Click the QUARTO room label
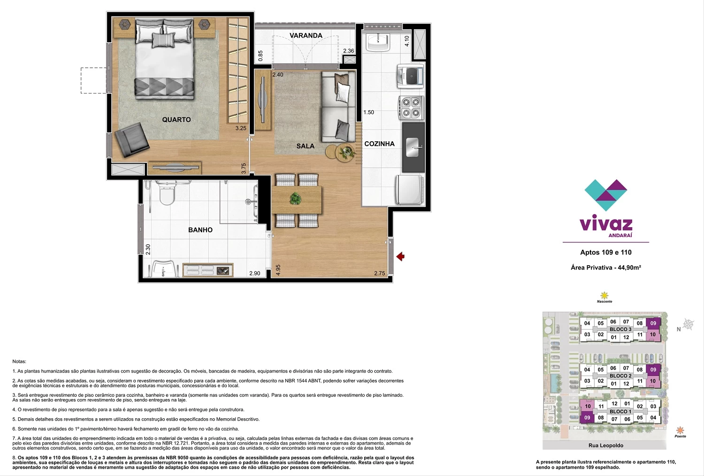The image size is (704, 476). (x=176, y=120)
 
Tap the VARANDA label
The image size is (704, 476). (x=306, y=36)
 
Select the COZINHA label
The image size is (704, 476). (x=379, y=144)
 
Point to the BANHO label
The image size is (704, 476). (x=200, y=230)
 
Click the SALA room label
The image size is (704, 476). (x=305, y=146)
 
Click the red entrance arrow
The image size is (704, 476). (x=400, y=257)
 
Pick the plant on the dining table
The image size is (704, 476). (x=295, y=199)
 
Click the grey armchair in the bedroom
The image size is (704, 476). (x=131, y=140)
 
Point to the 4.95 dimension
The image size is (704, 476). (x=278, y=270)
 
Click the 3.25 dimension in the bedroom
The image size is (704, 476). (x=241, y=128)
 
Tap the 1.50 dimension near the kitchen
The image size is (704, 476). (x=368, y=112)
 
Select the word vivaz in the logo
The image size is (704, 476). (x=605, y=224)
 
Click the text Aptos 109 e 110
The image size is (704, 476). (x=605, y=252)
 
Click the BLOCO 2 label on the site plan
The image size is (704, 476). (x=620, y=376)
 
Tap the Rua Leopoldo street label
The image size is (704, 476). (x=605, y=445)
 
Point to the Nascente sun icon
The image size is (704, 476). (x=604, y=296)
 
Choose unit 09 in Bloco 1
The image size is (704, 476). (x=587, y=418)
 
